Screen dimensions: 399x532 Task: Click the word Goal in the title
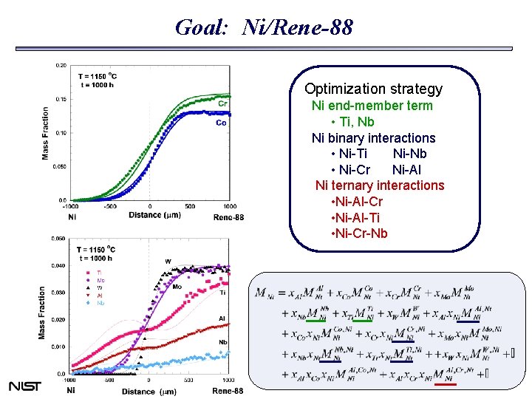pyautogui.click(x=196, y=28)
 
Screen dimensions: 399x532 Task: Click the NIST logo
pyautogui.click(x=24, y=386)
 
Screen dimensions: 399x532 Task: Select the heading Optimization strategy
pyautogui.click(x=373, y=89)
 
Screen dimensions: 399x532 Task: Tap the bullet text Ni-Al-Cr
pyautogui.click(x=358, y=202)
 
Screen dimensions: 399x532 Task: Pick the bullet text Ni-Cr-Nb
pyautogui.click(x=359, y=234)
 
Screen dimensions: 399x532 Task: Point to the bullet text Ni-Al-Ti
pyautogui.click(x=358, y=218)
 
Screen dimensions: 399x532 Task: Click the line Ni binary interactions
pyautogui.click(x=373, y=138)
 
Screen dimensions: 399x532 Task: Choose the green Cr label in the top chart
pyautogui.click(x=222, y=104)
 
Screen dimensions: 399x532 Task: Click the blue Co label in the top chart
pyautogui.click(x=222, y=123)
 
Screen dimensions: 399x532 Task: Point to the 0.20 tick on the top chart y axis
pyautogui.click(x=61, y=65)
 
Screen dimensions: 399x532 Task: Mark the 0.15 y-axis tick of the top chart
pyautogui.click(x=61, y=99)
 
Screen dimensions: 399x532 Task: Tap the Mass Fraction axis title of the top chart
pyautogui.click(x=46, y=133)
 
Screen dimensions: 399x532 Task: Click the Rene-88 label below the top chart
pyautogui.click(x=228, y=217)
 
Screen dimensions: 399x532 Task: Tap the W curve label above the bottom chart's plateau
pyautogui.click(x=168, y=261)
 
